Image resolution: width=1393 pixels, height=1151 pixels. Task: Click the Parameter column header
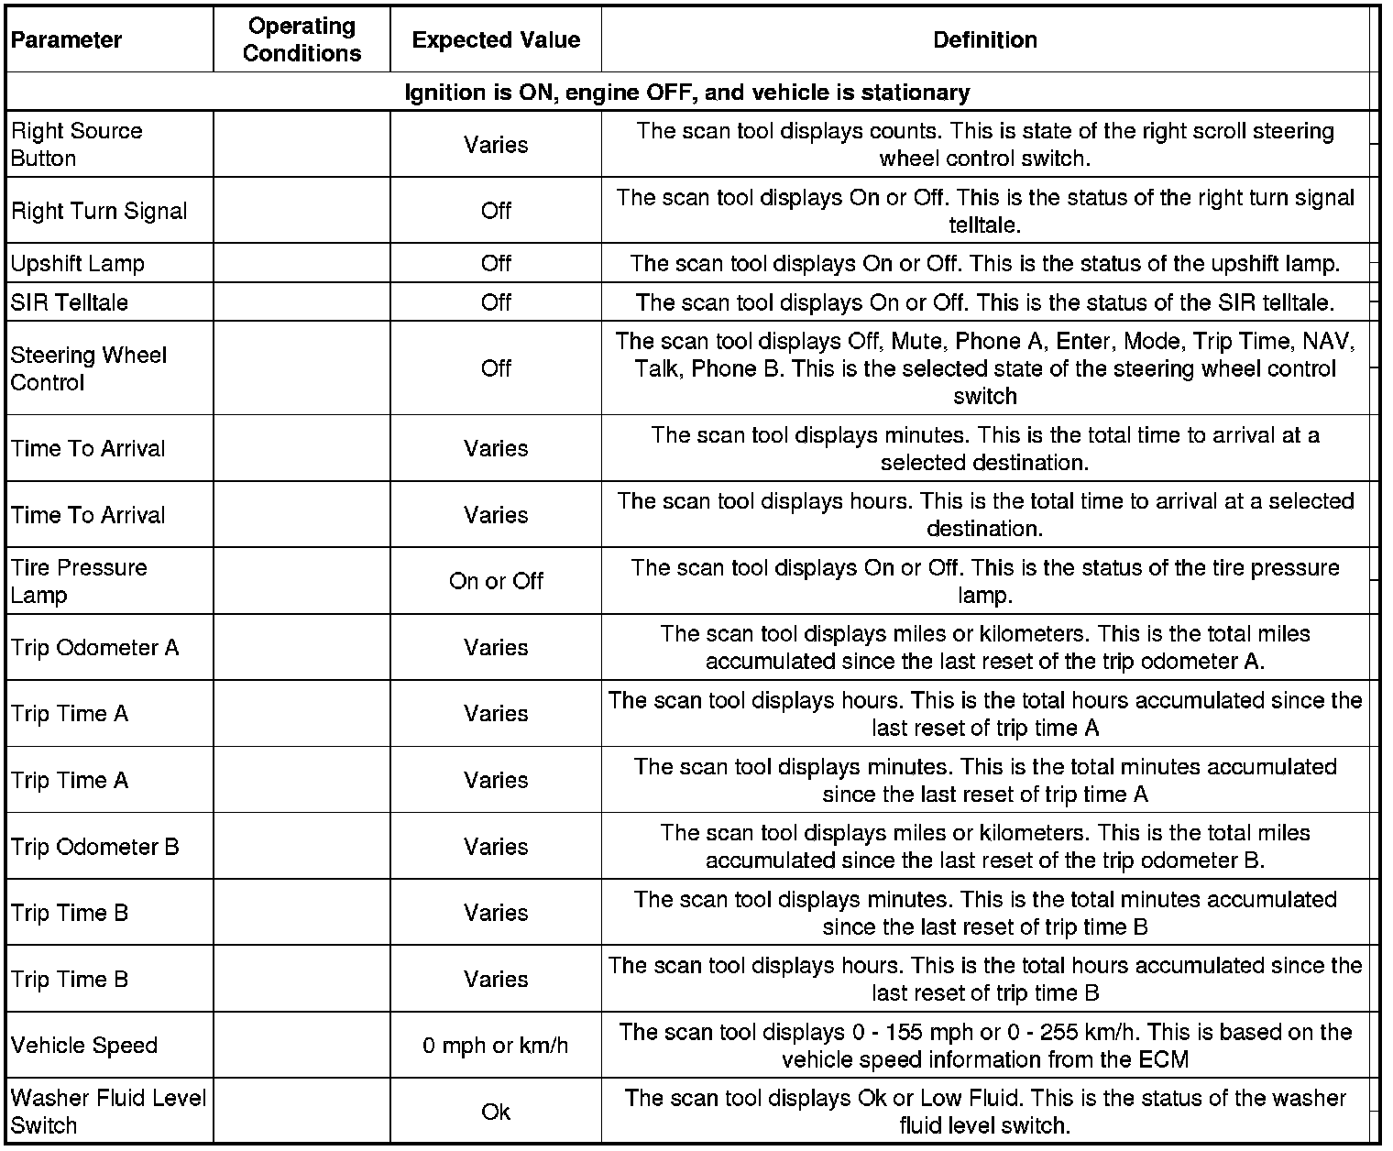[x=66, y=40]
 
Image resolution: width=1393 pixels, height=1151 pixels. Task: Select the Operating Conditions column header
[x=302, y=40]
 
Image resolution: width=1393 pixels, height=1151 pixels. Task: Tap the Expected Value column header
[x=496, y=40]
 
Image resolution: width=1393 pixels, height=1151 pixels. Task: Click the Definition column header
[x=985, y=40]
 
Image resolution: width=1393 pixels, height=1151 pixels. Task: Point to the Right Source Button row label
[x=77, y=145]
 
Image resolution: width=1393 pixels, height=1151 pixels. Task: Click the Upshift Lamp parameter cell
[x=78, y=264]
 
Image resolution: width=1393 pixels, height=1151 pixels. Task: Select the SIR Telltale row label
[x=70, y=302]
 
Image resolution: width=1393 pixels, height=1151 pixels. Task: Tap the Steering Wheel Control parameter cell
[x=89, y=368]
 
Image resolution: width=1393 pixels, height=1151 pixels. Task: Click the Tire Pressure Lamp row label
[x=79, y=581]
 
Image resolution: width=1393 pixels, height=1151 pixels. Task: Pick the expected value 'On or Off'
[x=496, y=581]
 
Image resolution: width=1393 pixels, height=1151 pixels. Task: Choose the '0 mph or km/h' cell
[x=496, y=1046]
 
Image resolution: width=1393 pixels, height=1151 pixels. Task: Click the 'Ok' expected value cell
[x=496, y=1113]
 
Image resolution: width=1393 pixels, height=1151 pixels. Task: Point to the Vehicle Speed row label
[x=84, y=1046]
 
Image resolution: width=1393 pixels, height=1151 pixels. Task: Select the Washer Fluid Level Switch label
[x=108, y=1112]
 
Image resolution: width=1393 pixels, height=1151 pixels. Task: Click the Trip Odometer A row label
[x=95, y=648]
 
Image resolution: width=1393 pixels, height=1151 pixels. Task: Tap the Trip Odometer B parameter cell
[x=95, y=847]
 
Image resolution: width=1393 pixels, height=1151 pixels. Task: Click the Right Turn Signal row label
[x=99, y=211]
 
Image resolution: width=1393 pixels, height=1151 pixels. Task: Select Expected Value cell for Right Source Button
[x=496, y=145]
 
